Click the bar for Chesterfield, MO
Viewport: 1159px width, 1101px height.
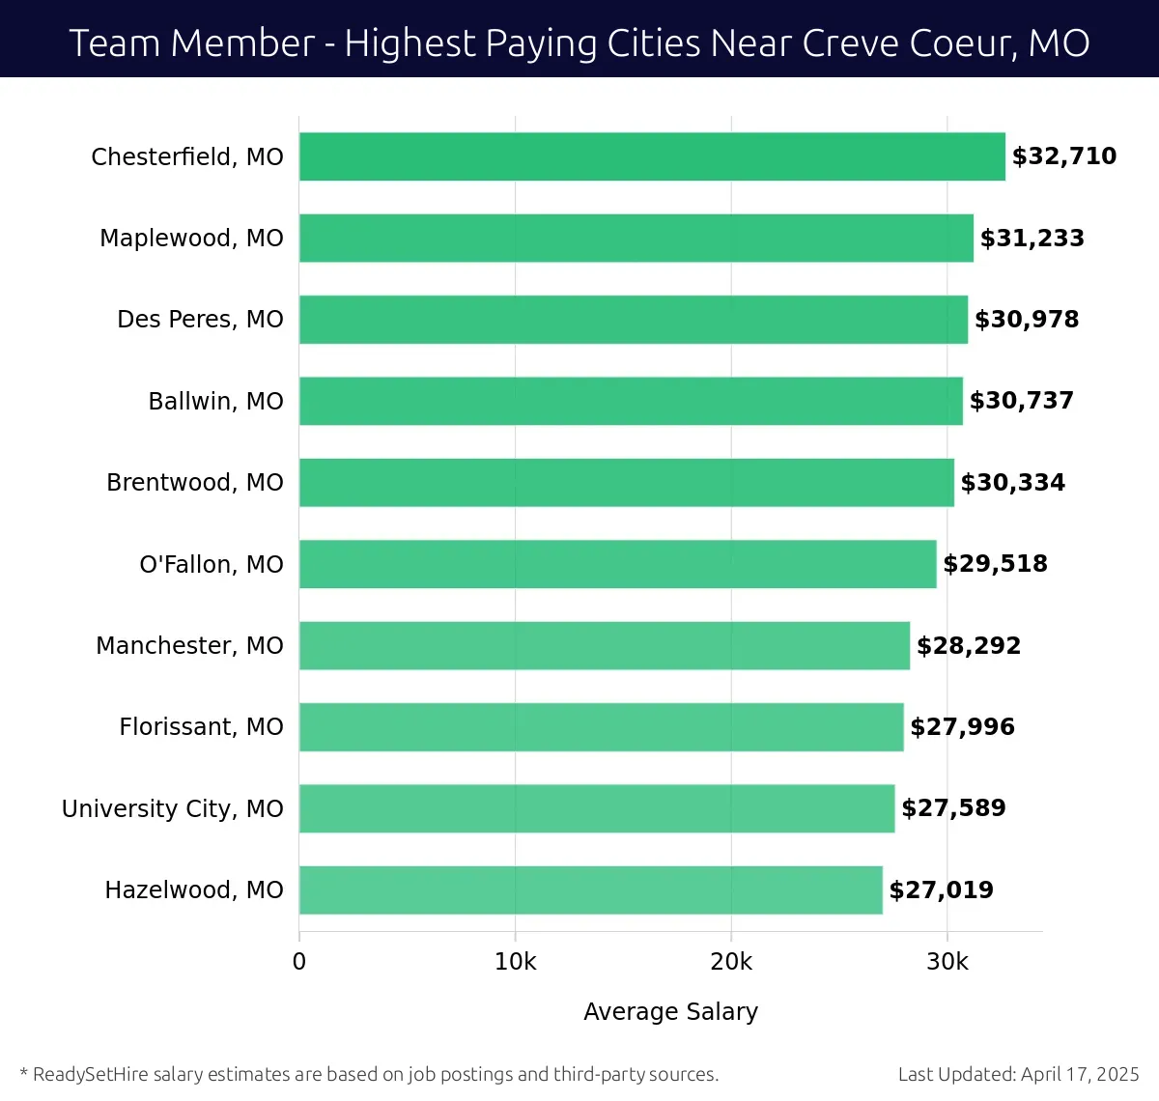[x=652, y=156]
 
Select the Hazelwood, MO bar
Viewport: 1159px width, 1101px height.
[x=590, y=889]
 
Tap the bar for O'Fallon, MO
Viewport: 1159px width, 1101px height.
[x=617, y=564]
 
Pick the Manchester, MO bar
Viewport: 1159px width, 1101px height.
[x=604, y=645]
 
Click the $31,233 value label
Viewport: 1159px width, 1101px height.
[x=1032, y=239]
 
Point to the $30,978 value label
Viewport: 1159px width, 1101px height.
[x=1027, y=320]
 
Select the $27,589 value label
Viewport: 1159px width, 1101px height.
[x=953, y=808]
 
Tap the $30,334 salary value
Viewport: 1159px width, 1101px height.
[x=1012, y=483]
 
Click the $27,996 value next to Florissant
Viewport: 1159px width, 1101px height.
[x=962, y=727]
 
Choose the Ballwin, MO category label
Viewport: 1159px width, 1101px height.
[x=215, y=401]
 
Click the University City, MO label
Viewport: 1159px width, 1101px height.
[x=172, y=808]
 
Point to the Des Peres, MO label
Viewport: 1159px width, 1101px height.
[x=200, y=320]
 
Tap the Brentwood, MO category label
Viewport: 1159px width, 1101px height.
[x=194, y=483]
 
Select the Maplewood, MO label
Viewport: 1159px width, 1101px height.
[x=191, y=239]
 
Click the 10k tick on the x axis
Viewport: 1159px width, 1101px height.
[x=515, y=962]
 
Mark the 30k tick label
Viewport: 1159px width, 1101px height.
[x=947, y=962]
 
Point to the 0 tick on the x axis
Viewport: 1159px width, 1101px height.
[x=299, y=962]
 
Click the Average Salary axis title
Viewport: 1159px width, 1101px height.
[x=670, y=1011]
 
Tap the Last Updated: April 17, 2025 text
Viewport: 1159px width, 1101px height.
[x=1018, y=1074]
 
